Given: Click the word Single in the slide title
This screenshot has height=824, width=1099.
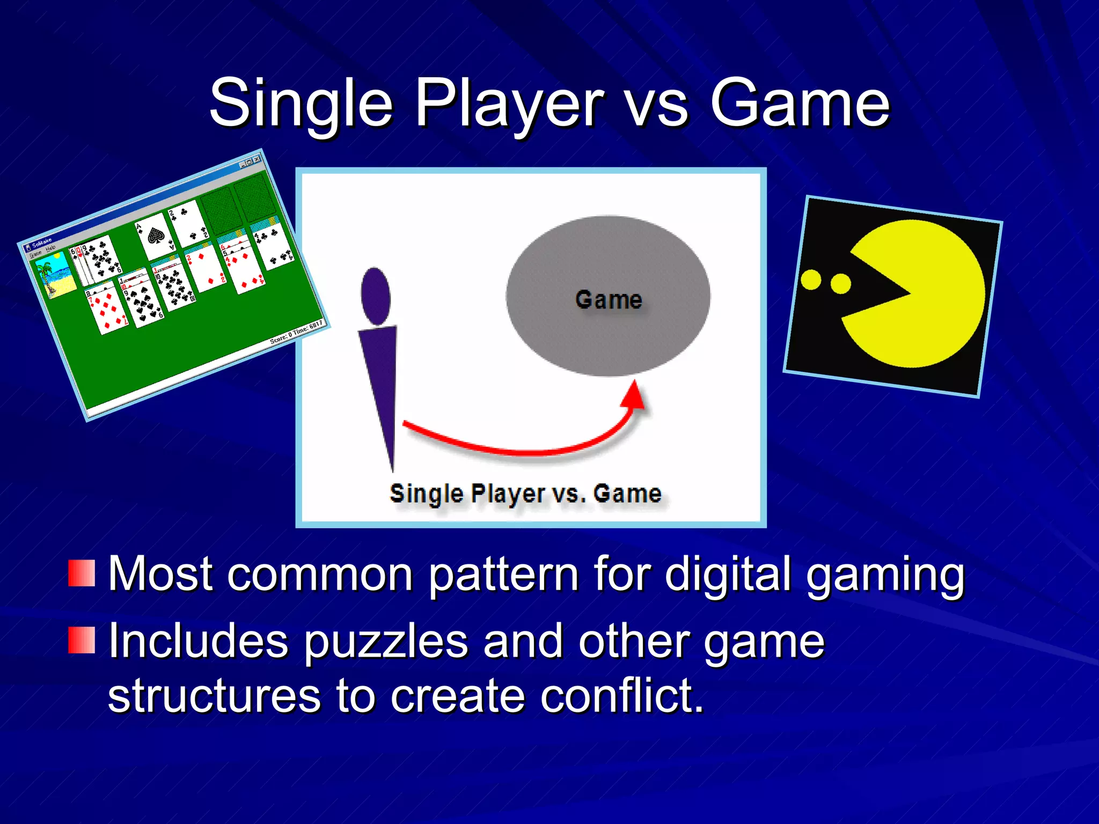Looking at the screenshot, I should click(x=301, y=103).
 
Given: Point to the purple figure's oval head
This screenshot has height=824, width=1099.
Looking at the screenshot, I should click(x=376, y=296).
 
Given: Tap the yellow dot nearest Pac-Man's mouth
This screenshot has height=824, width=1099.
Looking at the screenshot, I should click(x=840, y=284).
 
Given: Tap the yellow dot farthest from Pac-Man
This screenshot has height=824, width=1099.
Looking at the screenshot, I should click(x=811, y=279).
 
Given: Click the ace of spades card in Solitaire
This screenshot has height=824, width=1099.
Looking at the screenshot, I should click(x=156, y=236).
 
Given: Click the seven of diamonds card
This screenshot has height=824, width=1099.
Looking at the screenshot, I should click(x=108, y=311).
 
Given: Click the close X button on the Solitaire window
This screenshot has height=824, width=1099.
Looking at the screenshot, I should click(x=257, y=159).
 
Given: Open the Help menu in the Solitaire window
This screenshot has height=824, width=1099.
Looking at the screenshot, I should click(x=50, y=248).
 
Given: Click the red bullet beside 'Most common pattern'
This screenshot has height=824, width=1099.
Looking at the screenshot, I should click(x=82, y=573).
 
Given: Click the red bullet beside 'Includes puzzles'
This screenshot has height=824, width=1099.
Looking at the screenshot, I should click(x=82, y=640).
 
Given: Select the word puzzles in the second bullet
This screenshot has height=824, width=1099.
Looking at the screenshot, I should click(x=386, y=642).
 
